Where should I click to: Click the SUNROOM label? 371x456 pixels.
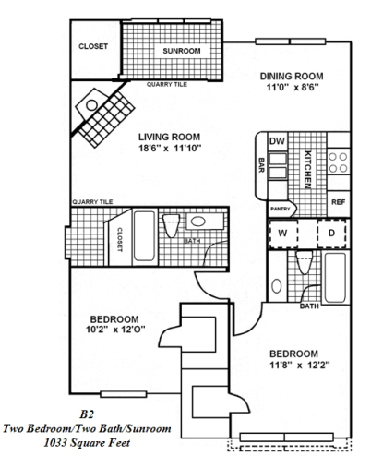181,51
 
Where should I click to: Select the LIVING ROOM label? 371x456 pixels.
171,138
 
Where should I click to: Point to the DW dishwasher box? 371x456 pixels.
276,141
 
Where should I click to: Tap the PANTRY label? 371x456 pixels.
281,210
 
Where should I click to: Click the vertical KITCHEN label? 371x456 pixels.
310,167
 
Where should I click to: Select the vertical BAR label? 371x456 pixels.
261,167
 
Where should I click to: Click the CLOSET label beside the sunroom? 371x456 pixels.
93,46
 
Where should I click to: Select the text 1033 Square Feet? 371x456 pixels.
90,443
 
